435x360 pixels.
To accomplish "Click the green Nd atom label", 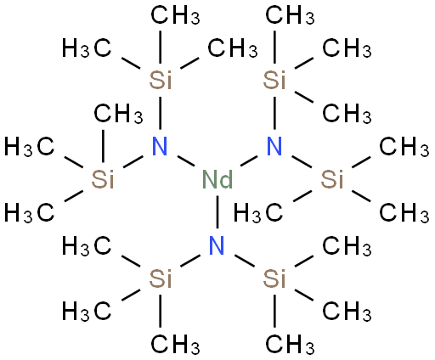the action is click(217, 179).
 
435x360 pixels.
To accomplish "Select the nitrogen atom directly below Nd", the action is click(217, 245).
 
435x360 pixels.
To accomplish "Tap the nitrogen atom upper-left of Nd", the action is click(160, 146).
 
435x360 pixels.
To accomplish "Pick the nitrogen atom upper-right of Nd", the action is click(274, 146).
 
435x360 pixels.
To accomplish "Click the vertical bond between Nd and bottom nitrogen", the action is click(217, 211).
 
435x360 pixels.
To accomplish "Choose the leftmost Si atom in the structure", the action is click(103, 179).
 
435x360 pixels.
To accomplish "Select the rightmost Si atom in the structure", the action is click(332, 179).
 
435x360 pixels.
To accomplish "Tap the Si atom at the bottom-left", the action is click(161, 278).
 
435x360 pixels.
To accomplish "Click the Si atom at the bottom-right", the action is click(274, 278).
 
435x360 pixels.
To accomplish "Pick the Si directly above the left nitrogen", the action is click(161, 80).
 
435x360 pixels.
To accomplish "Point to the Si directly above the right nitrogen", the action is click(274, 80).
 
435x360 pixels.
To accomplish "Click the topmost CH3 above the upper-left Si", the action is click(175, 15).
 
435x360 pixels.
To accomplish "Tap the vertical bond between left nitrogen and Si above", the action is click(161, 113).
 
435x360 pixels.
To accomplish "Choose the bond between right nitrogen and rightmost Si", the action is click(302, 161).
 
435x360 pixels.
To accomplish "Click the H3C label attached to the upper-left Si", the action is click(87, 48).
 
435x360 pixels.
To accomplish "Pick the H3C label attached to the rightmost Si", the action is click(258, 213).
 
